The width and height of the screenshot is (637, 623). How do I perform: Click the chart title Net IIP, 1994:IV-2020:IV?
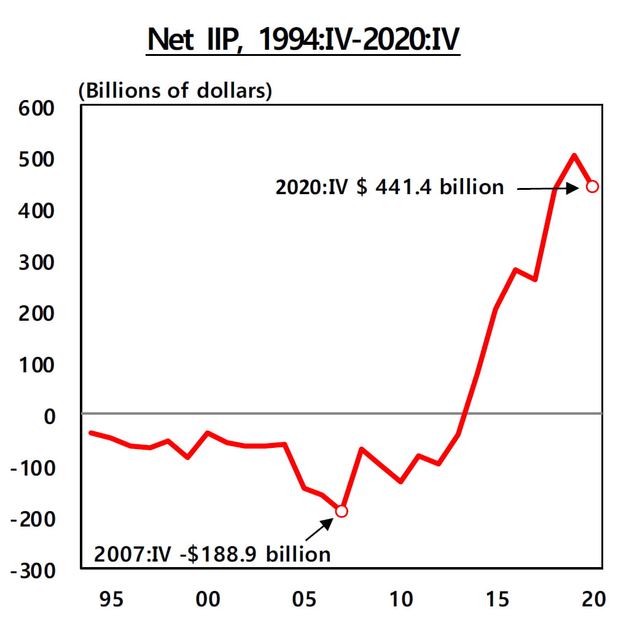[x=303, y=40]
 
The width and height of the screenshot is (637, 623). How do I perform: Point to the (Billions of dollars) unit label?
[x=175, y=90]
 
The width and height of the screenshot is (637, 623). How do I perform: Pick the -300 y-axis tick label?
[x=34, y=571]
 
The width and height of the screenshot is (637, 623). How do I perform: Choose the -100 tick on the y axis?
[x=34, y=468]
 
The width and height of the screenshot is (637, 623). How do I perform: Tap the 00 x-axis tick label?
[x=208, y=598]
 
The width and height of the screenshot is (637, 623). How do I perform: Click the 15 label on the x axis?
[x=498, y=598]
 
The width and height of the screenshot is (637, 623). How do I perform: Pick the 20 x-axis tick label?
[x=593, y=598]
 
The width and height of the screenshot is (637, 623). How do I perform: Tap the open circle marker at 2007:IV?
[x=342, y=511]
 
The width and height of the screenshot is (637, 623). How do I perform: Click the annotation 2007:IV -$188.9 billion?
[x=212, y=554]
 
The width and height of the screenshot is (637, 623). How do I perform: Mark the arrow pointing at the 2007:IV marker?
[x=319, y=528]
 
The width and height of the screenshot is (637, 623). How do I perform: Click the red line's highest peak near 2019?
[x=574, y=155]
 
